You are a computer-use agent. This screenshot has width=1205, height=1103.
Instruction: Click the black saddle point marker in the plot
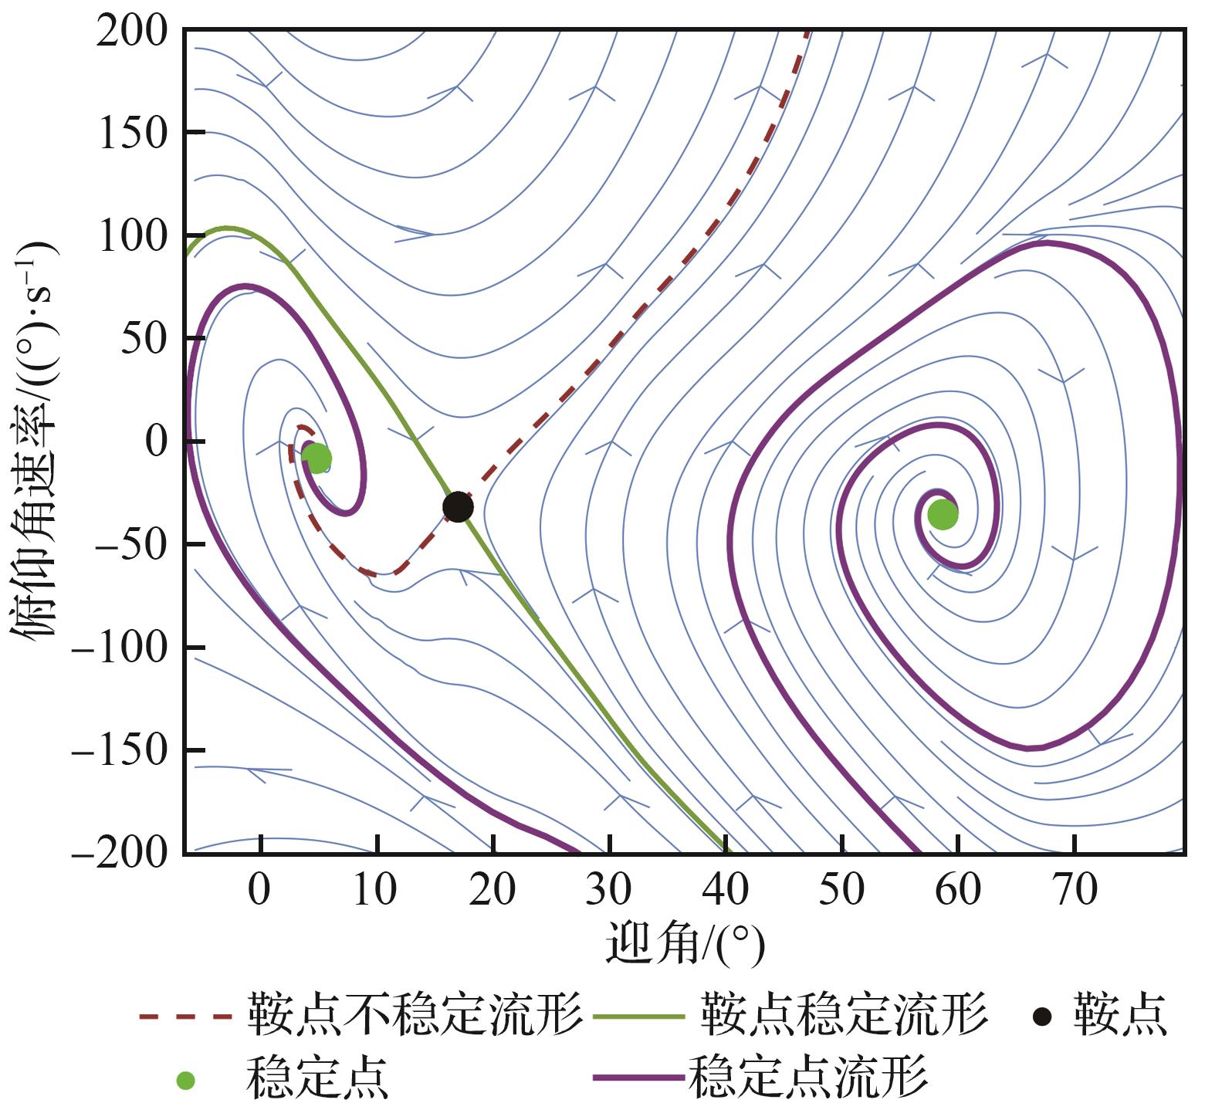pyautogui.click(x=458, y=507)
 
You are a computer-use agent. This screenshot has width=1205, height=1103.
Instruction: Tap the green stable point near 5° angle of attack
pyautogui.click(x=316, y=458)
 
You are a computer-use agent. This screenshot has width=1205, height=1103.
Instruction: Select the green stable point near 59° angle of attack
pyautogui.click(x=943, y=515)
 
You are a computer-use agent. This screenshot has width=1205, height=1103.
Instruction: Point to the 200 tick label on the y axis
pyautogui.click(x=132, y=32)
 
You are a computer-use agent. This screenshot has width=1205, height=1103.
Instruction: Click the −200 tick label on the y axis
pyautogui.click(x=120, y=854)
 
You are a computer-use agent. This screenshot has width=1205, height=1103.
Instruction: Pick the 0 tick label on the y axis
pyautogui.click(x=155, y=442)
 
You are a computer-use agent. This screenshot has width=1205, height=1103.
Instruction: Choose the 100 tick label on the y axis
pyautogui.click(x=132, y=237)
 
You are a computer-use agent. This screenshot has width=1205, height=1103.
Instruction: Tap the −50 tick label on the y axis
pyautogui.click(x=131, y=545)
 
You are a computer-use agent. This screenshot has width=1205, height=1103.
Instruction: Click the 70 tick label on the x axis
pyautogui.click(x=1075, y=890)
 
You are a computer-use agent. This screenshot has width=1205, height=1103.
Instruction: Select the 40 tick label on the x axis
pyautogui.click(x=726, y=890)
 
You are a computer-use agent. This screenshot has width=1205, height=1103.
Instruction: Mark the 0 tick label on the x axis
pyautogui.click(x=261, y=890)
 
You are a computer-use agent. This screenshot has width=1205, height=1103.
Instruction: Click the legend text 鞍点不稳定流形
pyautogui.click(x=415, y=1013)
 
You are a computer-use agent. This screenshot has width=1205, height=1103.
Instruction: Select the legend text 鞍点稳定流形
pyautogui.click(x=844, y=1013)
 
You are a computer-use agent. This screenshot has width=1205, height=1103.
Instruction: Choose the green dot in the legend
pyautogui.click(x=185, y=1081)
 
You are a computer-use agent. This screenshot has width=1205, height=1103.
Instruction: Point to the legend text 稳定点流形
pyautogui.click(x=807, y=1077)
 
